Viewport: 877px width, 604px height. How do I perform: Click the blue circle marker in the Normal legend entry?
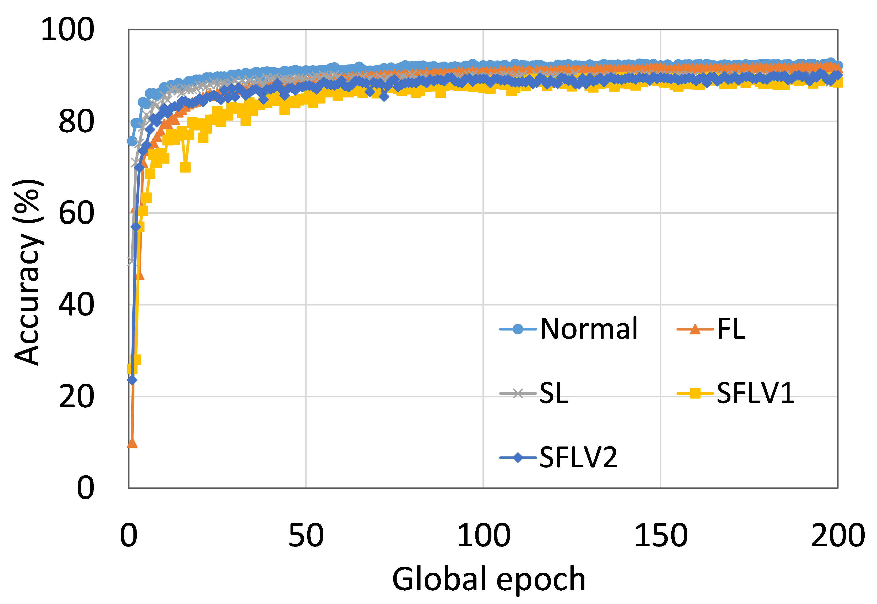pyautogui.click(x=518, y=329)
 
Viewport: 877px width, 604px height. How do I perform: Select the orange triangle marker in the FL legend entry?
pyautogui.click(x=695, y=329)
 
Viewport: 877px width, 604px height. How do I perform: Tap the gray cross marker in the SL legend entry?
pyautogui.click(x=518, y=393)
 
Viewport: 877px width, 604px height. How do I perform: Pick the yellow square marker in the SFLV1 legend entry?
pyautogui.click(x=695, y=393)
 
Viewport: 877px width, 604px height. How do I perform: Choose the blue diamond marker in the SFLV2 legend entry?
pyautogui.click(x=518, y=458)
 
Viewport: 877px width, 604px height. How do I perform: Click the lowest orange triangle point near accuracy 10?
pyautogui.click(x=132, y=442)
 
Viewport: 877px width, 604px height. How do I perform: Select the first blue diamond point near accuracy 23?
pyautogui.click(x=132, y=380)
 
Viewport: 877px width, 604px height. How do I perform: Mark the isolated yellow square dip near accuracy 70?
pyautogui.click(x=185, y=167)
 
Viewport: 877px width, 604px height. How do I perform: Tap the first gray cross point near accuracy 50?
pyautogui.click(x=131, y=261)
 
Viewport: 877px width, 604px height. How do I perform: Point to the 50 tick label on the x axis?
pyautogui.click(x=306, y=535)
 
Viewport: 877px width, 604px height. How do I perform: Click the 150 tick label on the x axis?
pyautogui.click(x=661, y=535)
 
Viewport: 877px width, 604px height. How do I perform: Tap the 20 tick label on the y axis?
pyautogui.click(x=77, y=396)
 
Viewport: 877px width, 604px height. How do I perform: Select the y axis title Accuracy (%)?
pyautogui.click(x=29, y=272)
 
